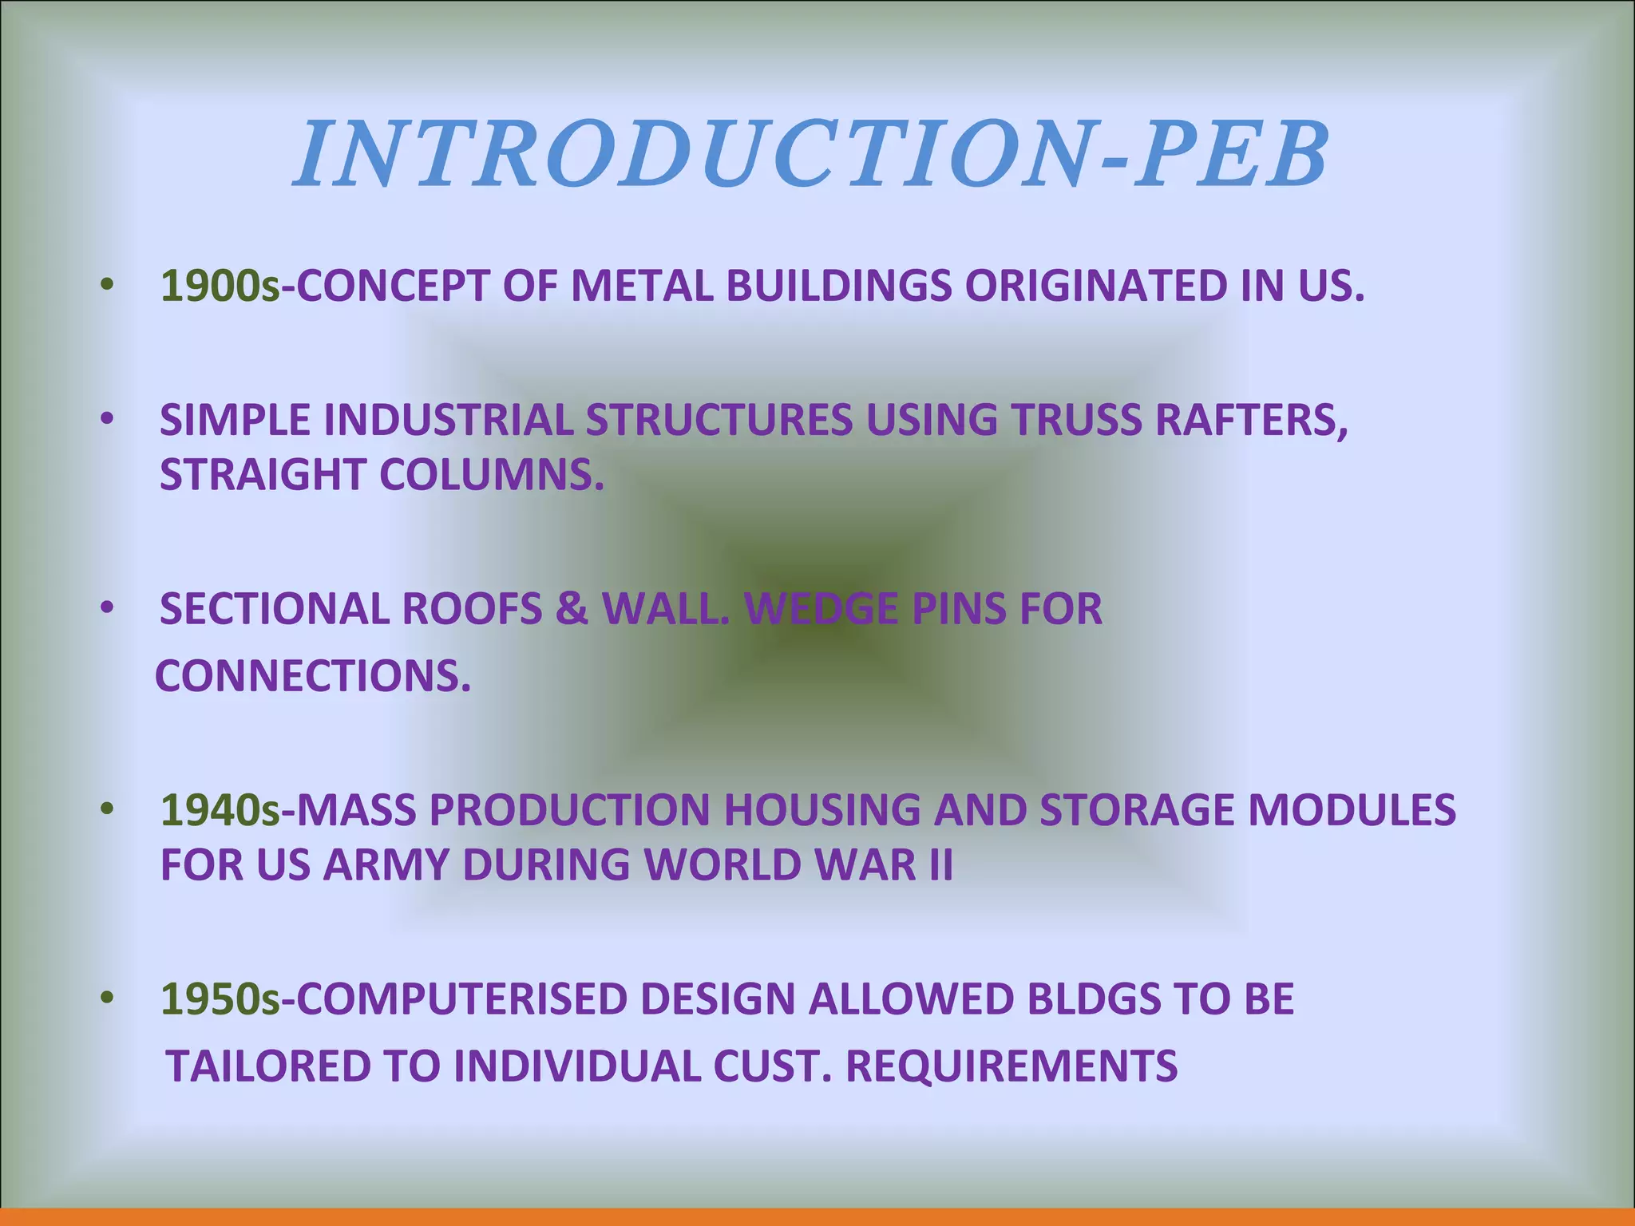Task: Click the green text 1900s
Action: pyautogui.click(x=220, y=286)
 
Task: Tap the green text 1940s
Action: pyautogui.click(x=220, y=810)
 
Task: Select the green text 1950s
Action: pyautogui.click(x=220, y=999)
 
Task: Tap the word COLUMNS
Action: pyautogui.click(x=491, y=474)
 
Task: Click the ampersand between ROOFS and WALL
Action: pyautogui.click(x=572, y=609)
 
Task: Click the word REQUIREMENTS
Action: pyautogui.click(x=1011, y=1066)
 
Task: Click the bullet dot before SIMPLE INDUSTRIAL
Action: pyautogui.click(x=108, y=420)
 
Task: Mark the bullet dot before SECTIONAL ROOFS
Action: pyautogui.click(x=108, y=609)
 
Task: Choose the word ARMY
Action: pyautogui.click(x=384, y=864)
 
